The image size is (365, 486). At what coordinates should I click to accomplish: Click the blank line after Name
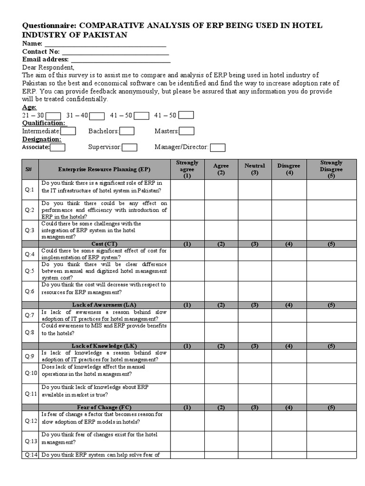point(105,44)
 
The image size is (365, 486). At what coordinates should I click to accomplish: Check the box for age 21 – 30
point(53,115)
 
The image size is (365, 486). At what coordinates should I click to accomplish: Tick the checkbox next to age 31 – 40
point(97,115)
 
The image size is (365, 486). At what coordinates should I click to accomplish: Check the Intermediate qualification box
point(68,131)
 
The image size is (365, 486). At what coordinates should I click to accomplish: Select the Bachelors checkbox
point(127,131)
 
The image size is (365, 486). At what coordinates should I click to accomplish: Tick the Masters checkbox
point(187,131)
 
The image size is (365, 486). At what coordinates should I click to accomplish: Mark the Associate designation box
point(58,147)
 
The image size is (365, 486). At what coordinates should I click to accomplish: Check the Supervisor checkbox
point(130,147)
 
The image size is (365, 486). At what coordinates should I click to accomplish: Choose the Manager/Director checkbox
point(218,147)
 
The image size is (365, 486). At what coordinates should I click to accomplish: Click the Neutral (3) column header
point(255,169)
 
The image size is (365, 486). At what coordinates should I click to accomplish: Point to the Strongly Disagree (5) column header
point(331,169)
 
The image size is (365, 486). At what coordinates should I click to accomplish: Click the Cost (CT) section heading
point(104,244)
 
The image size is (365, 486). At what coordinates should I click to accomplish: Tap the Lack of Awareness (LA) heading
point(104,305)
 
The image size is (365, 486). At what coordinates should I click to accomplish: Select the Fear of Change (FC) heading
point(104,407)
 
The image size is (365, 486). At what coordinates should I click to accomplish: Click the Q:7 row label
point(30,315)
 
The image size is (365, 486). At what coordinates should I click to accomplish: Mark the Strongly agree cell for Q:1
point(187,189)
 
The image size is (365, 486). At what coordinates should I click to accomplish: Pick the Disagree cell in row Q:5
point(288,271)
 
